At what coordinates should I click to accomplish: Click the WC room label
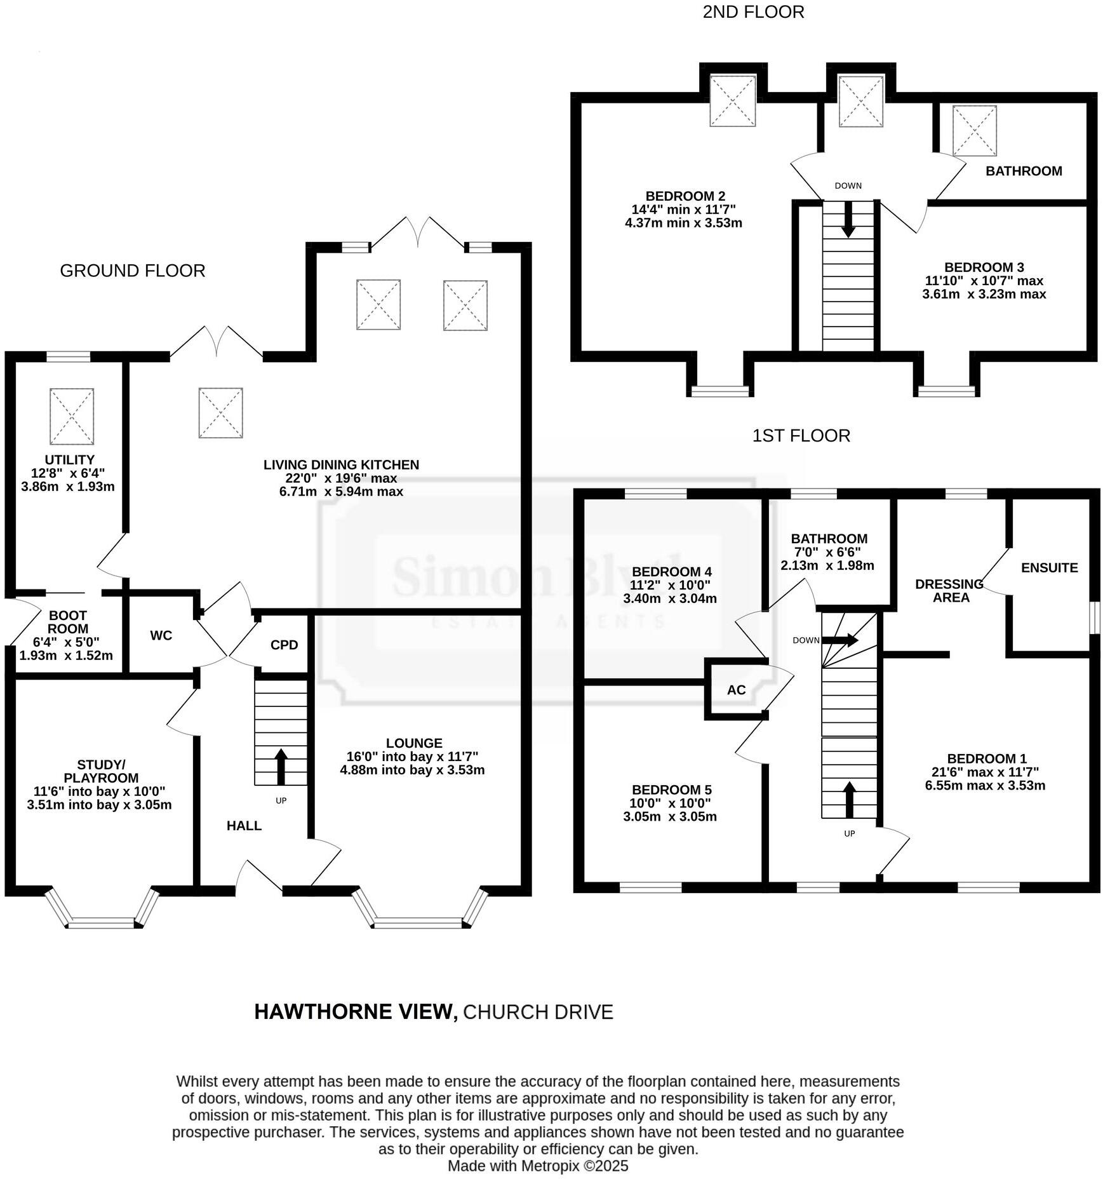[x=161, y=635]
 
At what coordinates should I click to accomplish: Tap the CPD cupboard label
[x=284, y=645]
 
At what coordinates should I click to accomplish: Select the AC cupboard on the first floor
[x=736, y=690]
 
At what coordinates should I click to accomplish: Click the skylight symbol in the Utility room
[x=72, y=417]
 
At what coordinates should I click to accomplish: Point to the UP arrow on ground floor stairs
[x=281, y=767]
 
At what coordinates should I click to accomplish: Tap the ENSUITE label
[x=1049, y=568]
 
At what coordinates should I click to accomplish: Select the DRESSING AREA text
[x=950, y=590]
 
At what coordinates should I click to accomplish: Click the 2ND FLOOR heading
[x=753, y=12]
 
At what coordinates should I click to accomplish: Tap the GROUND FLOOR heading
[x=132, y=271]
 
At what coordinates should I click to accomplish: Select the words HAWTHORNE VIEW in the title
[x=356, y=1012]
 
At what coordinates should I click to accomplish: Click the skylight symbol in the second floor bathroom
[x=974, y=131]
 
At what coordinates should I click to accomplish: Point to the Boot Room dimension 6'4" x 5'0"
[x=66, y=642]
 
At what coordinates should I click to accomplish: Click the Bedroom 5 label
[x=671, y=790]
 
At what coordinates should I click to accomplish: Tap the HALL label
[x=244, y=826]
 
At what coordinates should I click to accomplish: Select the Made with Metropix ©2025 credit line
[x=537, y=1166]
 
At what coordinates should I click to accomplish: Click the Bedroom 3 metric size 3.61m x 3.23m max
[x=984, y=294]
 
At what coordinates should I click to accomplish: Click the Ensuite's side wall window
[x=1094, y=618]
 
